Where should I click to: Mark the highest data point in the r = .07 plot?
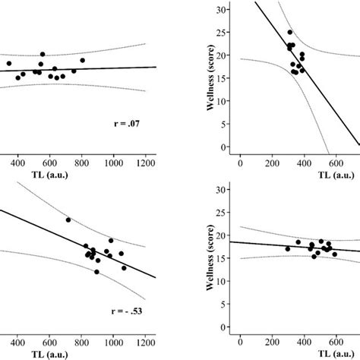(x=43, y=55)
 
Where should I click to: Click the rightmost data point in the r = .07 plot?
(x=82, y=60)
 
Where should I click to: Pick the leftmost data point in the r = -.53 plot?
(x=68, y=219)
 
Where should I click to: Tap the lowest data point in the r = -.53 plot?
(x=96, y=271)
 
